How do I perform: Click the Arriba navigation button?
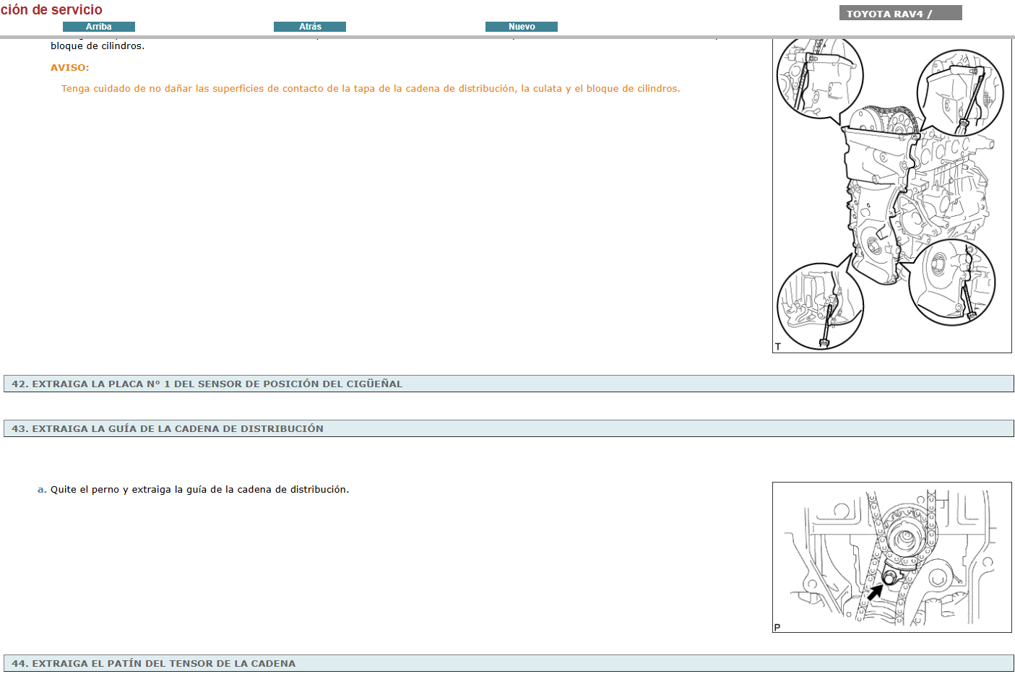(x=99, y=27)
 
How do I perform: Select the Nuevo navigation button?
(x=522, y=27)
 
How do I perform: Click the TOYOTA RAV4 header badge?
(x=900, y=13)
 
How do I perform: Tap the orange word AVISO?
(x=70, y=67)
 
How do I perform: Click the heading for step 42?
(x=207, y=384)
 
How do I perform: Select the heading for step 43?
(x=168, y=428)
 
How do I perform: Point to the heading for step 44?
(x=154, y=663)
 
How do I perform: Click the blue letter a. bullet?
(x=42, y=489)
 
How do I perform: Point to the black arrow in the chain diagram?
(x=875, y=592)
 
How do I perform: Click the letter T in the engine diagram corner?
(x=778, y=347)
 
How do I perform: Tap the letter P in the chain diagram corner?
(x=777, y=627)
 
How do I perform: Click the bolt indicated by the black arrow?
(x=889, y=578)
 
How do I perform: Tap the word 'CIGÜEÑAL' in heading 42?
(x=374, y=384)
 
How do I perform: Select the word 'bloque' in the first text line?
(x=67, y=46)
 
